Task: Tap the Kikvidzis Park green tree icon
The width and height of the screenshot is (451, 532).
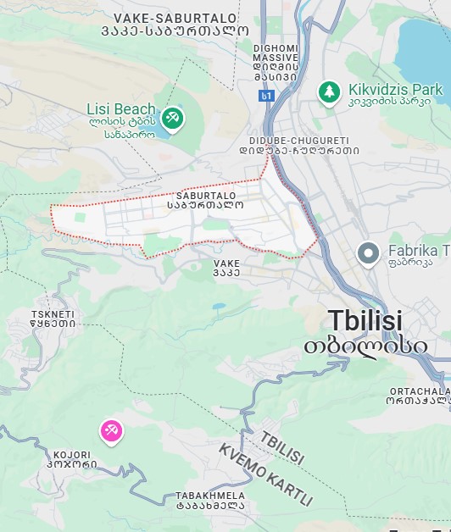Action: pyautogui.click(x=329, y=91)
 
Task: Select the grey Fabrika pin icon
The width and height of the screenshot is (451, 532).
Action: pyautogui.click(x=368, y=252)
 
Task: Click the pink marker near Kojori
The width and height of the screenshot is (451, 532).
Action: pyautogui.click(x=111, y=431)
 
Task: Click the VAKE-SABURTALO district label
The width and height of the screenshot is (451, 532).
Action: pyautogui.click(x=187, y=17)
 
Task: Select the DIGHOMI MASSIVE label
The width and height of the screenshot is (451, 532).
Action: pyautogui.click(x=276, y=55)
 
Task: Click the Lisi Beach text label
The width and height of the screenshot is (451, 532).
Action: pyautogui.click(x=121, y=108)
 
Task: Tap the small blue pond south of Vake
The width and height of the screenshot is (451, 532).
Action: pyautogui.click(x=220, y=306)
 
